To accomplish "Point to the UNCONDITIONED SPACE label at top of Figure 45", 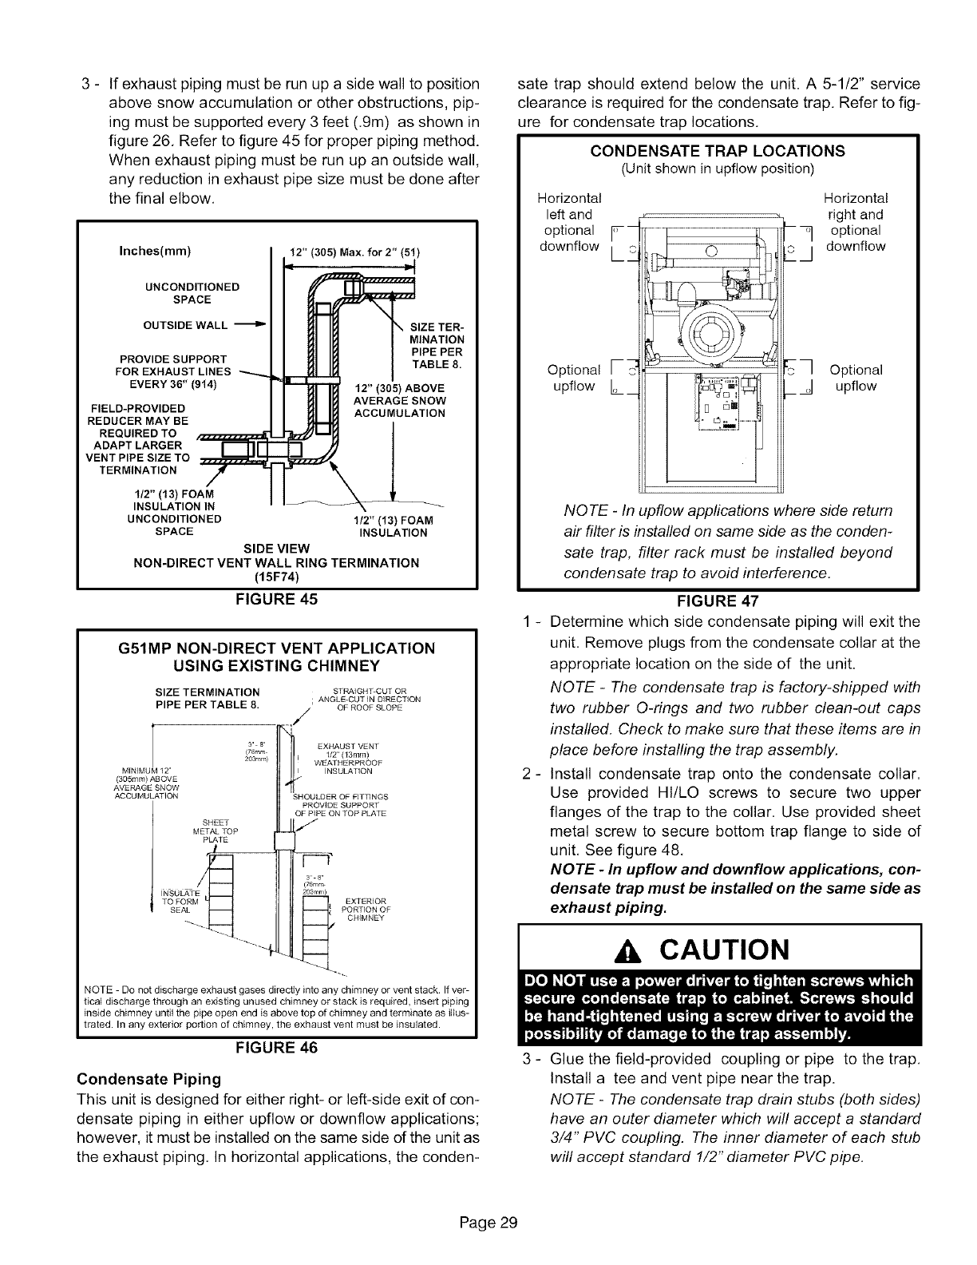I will tap(191, 293).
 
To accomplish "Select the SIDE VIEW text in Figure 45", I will tap(275, 547).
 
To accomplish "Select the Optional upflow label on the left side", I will tap(574, 378).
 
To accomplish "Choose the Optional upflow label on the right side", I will tap(856, 378).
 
